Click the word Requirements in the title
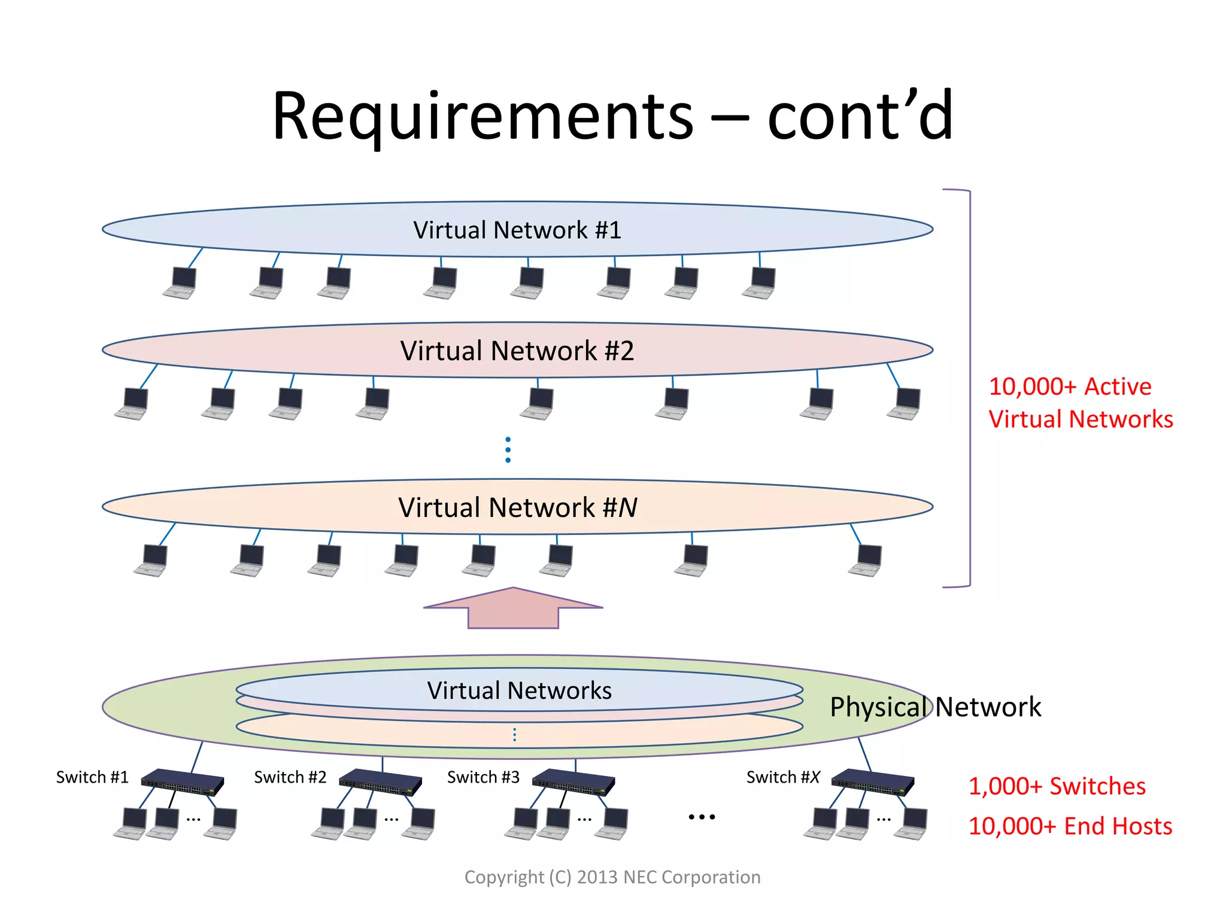coord(482,117)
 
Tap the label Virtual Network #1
coord(517,230)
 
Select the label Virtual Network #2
coord(517,351)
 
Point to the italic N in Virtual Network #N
coord(627,508)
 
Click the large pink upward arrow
coord(513,609)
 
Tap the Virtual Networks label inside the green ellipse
coord(519,690)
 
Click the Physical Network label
coord(935,707)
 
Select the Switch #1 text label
coord(92,777)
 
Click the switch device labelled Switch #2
coord(381,781)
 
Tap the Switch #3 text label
coord(483,777)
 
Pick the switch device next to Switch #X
coord(873,781)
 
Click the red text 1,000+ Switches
coord(1057,786)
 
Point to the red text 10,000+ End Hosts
coord(1070,826)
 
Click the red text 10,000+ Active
coord(1070,387)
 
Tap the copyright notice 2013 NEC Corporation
coord(612,877)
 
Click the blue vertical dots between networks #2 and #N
coord(508,449)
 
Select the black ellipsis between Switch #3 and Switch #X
coord(702,817)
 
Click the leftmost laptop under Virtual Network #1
coord(180,282)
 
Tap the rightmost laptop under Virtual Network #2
coord(905,403)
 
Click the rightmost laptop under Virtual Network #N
coord(866,560)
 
